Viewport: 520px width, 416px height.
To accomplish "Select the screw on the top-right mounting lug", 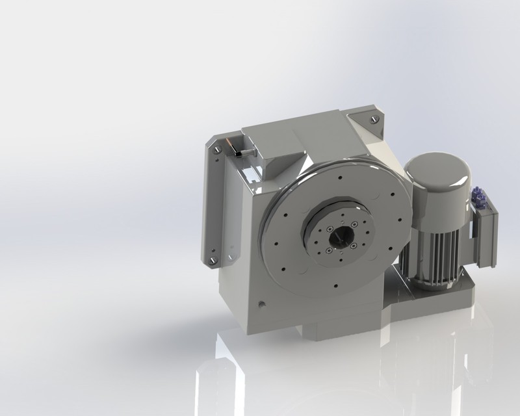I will point(374,119).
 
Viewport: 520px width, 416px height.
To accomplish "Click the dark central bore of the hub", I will point(339,238).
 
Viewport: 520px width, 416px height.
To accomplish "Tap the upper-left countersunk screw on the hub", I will point(330,229).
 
